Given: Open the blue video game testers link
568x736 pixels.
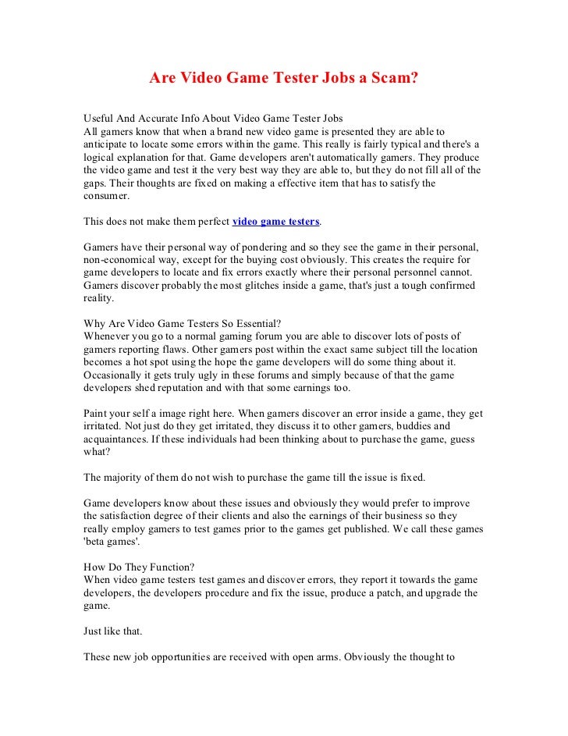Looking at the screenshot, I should [x=276, y=222].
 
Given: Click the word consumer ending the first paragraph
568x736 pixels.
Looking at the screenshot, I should [x=107, y=197].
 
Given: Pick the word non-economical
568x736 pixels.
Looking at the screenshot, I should [x=120, y=260].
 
